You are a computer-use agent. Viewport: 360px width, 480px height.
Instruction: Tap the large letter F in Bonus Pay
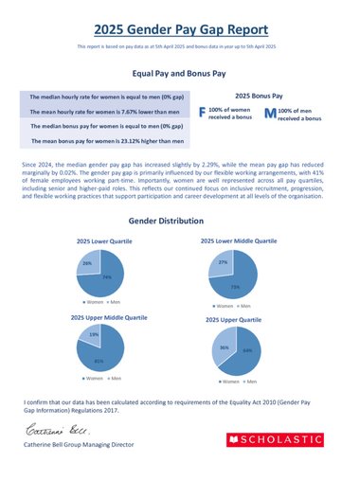pos(201,114)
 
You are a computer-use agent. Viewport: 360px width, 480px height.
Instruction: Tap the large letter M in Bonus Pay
pos(270,114)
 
